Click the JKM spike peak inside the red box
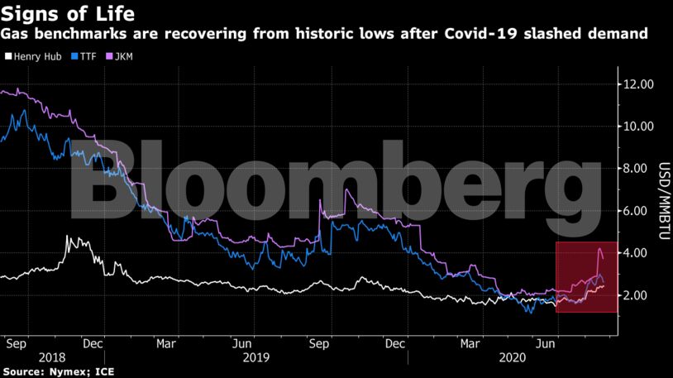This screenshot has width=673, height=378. point(599,248)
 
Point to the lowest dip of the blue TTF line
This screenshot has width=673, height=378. point(528,313)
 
